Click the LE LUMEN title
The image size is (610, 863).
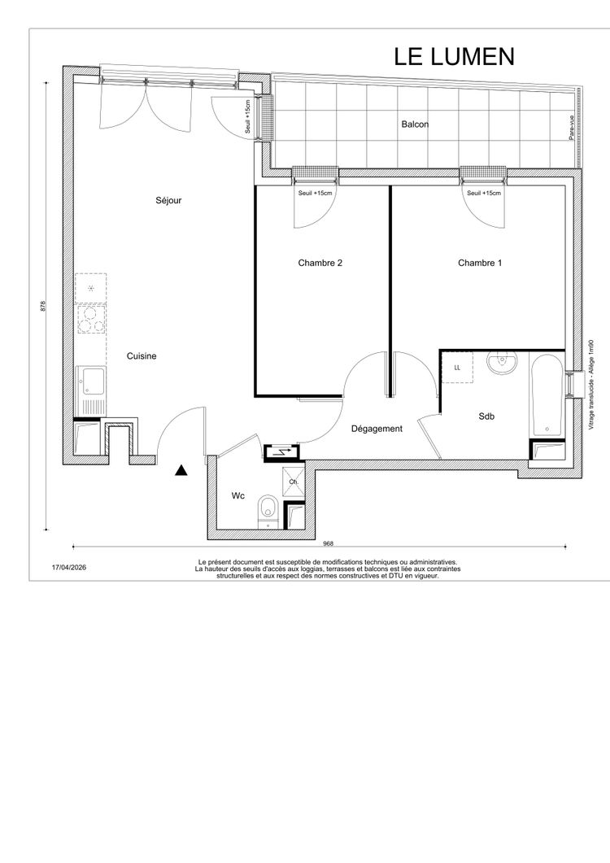pos(454,57)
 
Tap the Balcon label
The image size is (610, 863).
pos(415,124)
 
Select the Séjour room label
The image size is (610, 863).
pos(168,200)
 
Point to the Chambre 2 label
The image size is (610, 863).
pos(320,263)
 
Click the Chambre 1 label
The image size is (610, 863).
pos(480,263)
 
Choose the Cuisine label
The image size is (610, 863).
pos(142,356)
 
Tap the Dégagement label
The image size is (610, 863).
pos(377,429)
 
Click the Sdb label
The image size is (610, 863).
pos(486,416)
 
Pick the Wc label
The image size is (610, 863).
pos(237,496)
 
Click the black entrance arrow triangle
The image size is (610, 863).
pos(181,471)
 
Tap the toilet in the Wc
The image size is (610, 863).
pos(268,512)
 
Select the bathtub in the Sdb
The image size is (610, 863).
pos(547,395)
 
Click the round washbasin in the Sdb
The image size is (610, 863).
pos(502,363)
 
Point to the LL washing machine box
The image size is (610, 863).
pos(457,368)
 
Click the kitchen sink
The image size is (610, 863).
pos(91,390)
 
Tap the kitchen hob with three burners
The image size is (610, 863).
pos(91,319)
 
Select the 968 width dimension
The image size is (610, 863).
pos(328,544)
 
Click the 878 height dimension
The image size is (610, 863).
pos(43,306)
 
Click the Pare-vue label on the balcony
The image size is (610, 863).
pos(572,127)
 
